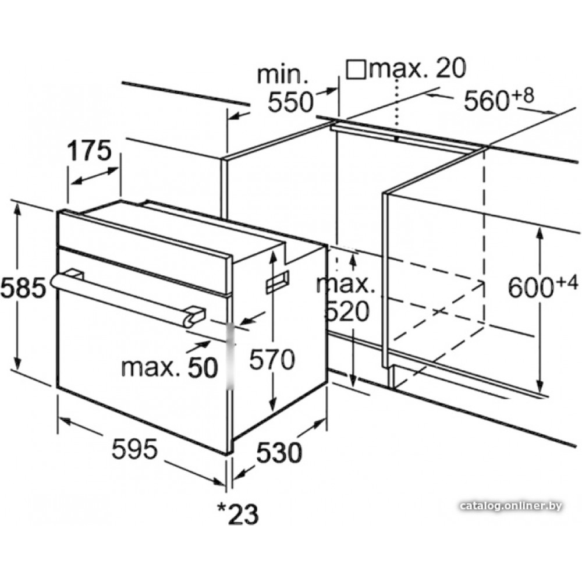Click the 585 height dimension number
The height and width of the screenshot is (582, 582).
(x=23, y=288)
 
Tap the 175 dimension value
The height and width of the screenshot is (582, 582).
(x=89, y=150)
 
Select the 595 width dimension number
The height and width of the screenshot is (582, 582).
(x=134, y=449)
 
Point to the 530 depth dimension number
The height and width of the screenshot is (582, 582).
(x=279, y=453)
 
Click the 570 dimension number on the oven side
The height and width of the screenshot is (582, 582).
(x=272, y=359)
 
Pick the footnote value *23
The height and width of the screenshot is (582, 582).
(x=237, y=514)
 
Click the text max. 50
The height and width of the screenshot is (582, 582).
(x=169, y=367)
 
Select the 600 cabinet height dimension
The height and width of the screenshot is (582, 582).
(x=531, y=288)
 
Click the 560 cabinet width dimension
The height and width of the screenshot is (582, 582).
(x=486, y=101)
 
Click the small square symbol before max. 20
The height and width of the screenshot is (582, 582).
(x=356, y=69)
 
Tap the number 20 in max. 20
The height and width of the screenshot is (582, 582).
(x=450, y=68)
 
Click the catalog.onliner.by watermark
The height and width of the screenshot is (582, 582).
(x=511, y=506)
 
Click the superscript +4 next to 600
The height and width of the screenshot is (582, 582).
(x=567, y=283)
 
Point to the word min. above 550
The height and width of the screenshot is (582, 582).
(x=283, y=74)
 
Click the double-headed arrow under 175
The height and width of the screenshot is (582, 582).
(x=95, y=175)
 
